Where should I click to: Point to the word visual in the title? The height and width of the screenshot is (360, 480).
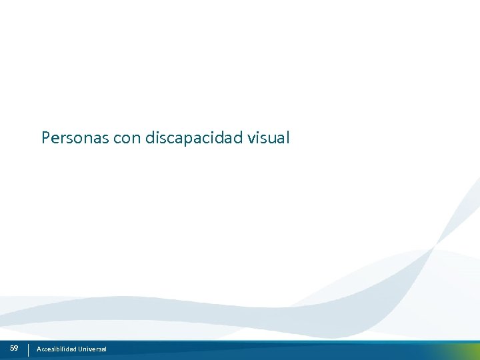pyautogui.click(x=269, y=138)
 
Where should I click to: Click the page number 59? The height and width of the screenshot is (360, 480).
pyautogui.click(x=14, y=348)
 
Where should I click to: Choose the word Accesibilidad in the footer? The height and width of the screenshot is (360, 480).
pyautogui.click(x=56, y=349)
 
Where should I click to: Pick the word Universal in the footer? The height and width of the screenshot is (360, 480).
pyautogui.click(x=92, y=349)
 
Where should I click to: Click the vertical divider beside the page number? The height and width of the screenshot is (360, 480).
pyautogui.click(x=28, y=349)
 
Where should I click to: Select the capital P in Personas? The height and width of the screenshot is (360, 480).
pyautogui.click(x=46, y=138)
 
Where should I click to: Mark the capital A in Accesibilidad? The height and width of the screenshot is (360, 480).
pyautogui.click(x=39, y=349)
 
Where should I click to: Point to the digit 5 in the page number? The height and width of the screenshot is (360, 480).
pyautogui.click(x=12, y=348)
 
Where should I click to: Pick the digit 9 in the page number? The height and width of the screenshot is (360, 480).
pyautogui.click(x=16, y=348)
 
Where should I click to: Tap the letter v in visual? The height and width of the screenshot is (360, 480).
pyautogui.click(x=251, y=139)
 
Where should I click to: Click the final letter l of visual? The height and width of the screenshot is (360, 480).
pyautogui.click(x=287, y=138)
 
